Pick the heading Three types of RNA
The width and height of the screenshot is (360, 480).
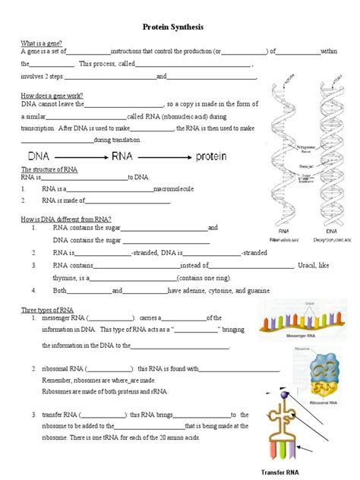pyautogui.click(x=47, y=310)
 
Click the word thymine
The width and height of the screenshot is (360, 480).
pyautogui.click(x=66, y=278)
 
